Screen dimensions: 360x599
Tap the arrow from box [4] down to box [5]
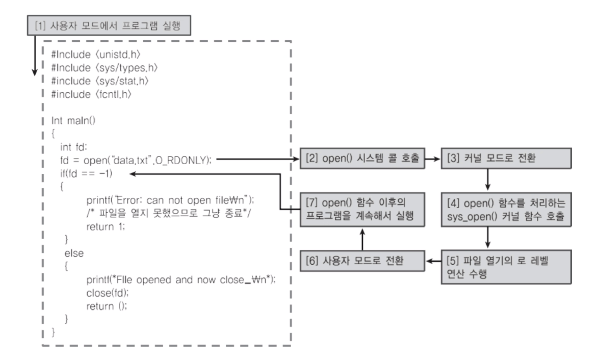[x=488, y=238]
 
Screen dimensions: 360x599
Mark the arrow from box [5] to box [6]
[x=432, y=262]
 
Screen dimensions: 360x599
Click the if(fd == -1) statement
[x=86, y=173]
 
